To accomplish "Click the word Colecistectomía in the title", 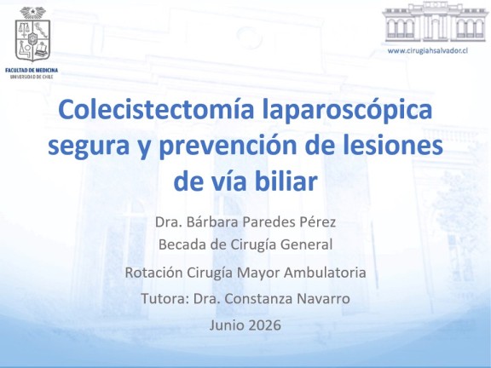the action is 156,110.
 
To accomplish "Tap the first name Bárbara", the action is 212,221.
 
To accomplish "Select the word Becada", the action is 182,244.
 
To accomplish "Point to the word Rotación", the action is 153,273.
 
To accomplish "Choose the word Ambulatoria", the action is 325,273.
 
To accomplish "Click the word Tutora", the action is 165,298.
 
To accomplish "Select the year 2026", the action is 263,325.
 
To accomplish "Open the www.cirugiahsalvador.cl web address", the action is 428,50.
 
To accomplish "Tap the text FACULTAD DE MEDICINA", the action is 32,70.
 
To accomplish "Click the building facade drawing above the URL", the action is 435,22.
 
